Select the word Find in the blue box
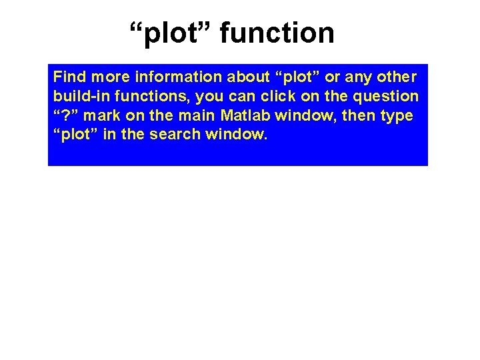pos(67,77)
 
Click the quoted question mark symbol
pos(63,115)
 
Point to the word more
pos(107,77)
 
